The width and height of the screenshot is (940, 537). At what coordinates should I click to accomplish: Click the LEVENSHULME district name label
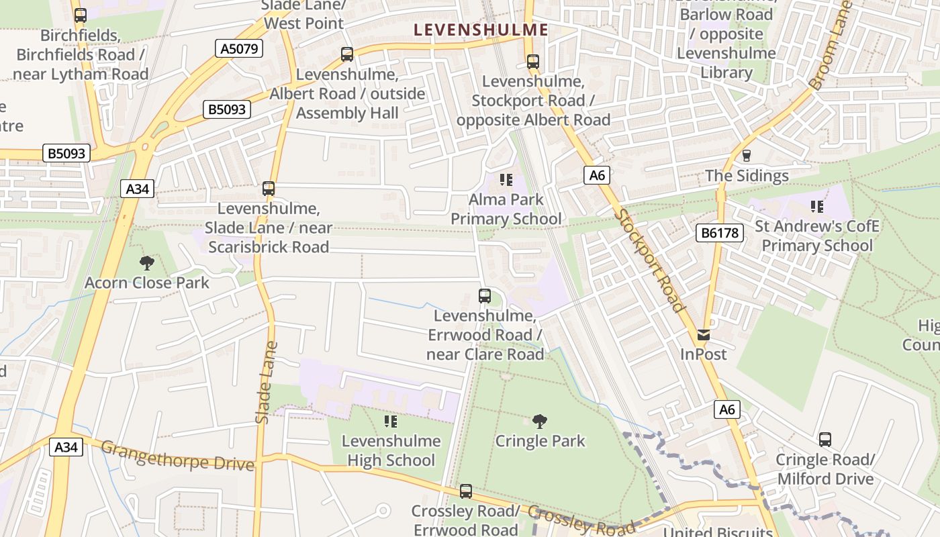(x=481, y=30)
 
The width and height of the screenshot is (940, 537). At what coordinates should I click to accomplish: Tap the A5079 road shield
(x=239, y=48)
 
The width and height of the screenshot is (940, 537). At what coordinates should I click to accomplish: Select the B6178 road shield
(x=720, y=233)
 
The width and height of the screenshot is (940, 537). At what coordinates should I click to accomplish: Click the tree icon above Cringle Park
(x=539, y=421)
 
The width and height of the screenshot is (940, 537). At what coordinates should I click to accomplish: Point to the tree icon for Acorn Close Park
(x=146, y=262)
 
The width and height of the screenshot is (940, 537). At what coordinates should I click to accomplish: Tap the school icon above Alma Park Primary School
(x=506, y=179)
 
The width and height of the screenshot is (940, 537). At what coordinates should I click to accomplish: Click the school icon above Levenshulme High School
(x=390, y=421)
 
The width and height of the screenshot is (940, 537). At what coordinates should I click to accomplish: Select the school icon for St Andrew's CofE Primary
(x=816, y=206)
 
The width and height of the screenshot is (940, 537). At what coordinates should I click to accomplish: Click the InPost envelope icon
(x=703, y=334)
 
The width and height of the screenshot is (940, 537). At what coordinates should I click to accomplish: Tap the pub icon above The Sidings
(x=746, y=156)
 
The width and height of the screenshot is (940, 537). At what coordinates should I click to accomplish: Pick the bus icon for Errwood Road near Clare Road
(x=484, y=295)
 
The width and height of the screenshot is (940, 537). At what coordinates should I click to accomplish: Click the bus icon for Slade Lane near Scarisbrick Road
(x=269, y=189)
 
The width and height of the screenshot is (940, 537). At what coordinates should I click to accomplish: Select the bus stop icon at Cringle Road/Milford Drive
(x=825, y=440)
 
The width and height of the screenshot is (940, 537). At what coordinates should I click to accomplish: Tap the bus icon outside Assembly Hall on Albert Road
(x=347, y=54)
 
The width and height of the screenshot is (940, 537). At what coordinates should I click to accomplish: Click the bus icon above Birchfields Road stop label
(x=81, y=15)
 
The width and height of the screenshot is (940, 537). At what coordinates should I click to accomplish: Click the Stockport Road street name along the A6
(x=650, y=262)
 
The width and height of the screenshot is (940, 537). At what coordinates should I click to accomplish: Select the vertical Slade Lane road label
(x=266, y=383)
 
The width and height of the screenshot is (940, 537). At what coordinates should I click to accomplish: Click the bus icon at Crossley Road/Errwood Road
(x=465, y=491)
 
